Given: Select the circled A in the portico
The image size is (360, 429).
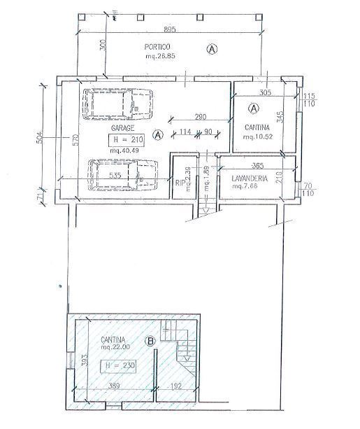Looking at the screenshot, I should tap(212, 48).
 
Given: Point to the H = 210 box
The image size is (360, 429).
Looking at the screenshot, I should tap(127, 139).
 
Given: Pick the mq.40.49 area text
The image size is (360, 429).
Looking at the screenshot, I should tap(126, 150).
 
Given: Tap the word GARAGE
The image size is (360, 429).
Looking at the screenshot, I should tap(122, 129).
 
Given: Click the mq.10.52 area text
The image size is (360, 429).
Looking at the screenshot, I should tap(259, 138).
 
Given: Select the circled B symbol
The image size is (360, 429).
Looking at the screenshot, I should tap(149, 342).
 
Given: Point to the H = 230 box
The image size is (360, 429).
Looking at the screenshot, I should tap(117, 365).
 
